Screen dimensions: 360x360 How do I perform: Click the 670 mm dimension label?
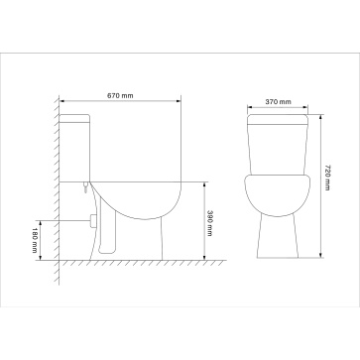click(120, 96)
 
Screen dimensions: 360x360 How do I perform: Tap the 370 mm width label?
click(279, 102)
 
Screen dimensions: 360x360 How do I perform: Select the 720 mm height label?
click(327, 178)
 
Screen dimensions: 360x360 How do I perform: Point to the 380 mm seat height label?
click(209, 223)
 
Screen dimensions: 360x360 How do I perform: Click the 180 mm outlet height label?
click(35, 240)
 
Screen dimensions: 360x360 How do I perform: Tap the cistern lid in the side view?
click(74, 118)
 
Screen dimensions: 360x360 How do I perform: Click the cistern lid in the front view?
click(278, 119)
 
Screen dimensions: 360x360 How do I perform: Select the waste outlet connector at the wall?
click(93, 221)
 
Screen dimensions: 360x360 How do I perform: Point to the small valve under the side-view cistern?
click(86, 187)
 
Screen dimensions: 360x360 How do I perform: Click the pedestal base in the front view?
click(278, 236)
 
